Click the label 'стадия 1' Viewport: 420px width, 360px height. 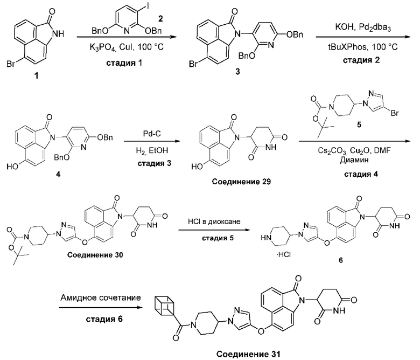click(124, 63)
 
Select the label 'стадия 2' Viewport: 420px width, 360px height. click(361, 60)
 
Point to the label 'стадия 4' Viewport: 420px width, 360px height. click(361, 174)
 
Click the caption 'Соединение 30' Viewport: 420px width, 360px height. click(95, 255)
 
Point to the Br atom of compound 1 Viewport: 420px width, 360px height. click(11, 65)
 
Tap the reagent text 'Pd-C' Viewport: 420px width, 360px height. click(152, 134)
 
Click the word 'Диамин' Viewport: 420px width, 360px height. click(354, 160)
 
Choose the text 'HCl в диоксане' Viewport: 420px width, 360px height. click(214, 221)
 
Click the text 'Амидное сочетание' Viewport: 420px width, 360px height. click(101, 298)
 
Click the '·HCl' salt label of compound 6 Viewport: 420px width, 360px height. click(283, 254)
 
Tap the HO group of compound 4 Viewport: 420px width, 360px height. click(12, 167)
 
